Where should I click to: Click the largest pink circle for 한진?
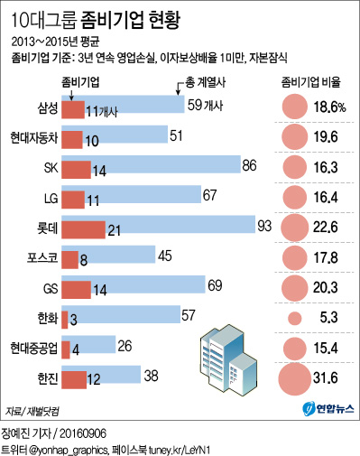point(294,377)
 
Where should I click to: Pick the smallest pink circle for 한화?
point(294,318)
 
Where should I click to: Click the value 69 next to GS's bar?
point(215,285)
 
